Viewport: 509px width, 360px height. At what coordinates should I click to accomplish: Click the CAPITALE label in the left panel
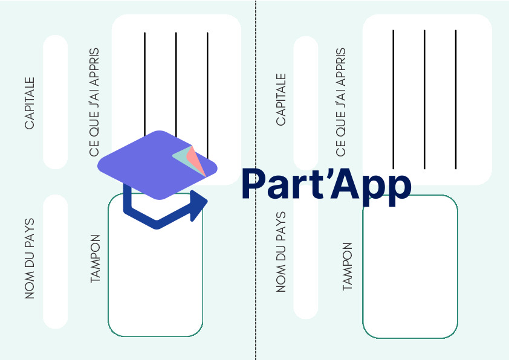(x=30, y=103)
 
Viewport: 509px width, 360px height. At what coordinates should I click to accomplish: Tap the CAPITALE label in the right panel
(x=280, y=100)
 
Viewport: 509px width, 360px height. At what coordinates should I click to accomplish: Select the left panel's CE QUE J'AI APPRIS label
(x=94, y=102)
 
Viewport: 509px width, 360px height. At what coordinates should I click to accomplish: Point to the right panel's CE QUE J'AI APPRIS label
(x=340, y=102)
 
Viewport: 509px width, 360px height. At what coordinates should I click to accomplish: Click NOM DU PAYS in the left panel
(x=30, y=259)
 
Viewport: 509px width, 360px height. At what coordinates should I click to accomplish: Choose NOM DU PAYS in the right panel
(x=280, y=252)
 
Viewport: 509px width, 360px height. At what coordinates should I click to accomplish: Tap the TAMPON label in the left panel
(x=95, y=259)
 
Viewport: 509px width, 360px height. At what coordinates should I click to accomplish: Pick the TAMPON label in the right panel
(x=348, y=266)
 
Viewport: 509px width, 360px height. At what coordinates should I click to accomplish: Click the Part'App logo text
(x=326, y=185)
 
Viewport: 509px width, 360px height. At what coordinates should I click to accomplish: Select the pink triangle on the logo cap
(x=196, y=160)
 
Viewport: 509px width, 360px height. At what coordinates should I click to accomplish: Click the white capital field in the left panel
(x=56, y=102)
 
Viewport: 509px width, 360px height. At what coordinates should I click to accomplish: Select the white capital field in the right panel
(x=306, y=103)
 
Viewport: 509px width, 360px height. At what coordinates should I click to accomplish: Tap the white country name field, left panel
(x=56, y=262)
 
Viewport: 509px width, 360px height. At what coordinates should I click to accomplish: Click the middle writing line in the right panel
(x=424, y=99)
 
